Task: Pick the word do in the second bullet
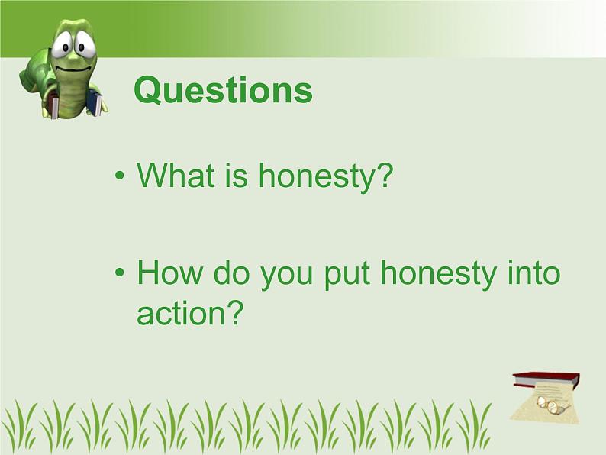(x=230, y=274)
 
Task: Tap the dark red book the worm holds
(x=53, y=104)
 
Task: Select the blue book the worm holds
(x=94, y=102)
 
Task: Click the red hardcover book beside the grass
(x=545, y=379)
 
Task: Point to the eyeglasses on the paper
(x=552, y=405)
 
